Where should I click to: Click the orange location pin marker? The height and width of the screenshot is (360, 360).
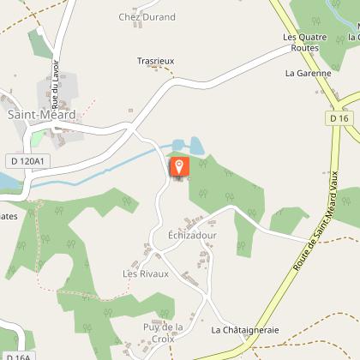[178, 165]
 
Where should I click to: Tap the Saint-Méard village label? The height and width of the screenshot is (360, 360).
[41, 114]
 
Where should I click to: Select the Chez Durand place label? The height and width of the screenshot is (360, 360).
[147, 17]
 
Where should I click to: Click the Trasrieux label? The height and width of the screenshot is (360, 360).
[156, 62]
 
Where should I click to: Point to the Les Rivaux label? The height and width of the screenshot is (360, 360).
[146, 273]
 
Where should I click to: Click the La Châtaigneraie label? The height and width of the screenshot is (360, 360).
[245, 329]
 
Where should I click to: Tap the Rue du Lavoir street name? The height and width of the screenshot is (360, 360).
[56, 62]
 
